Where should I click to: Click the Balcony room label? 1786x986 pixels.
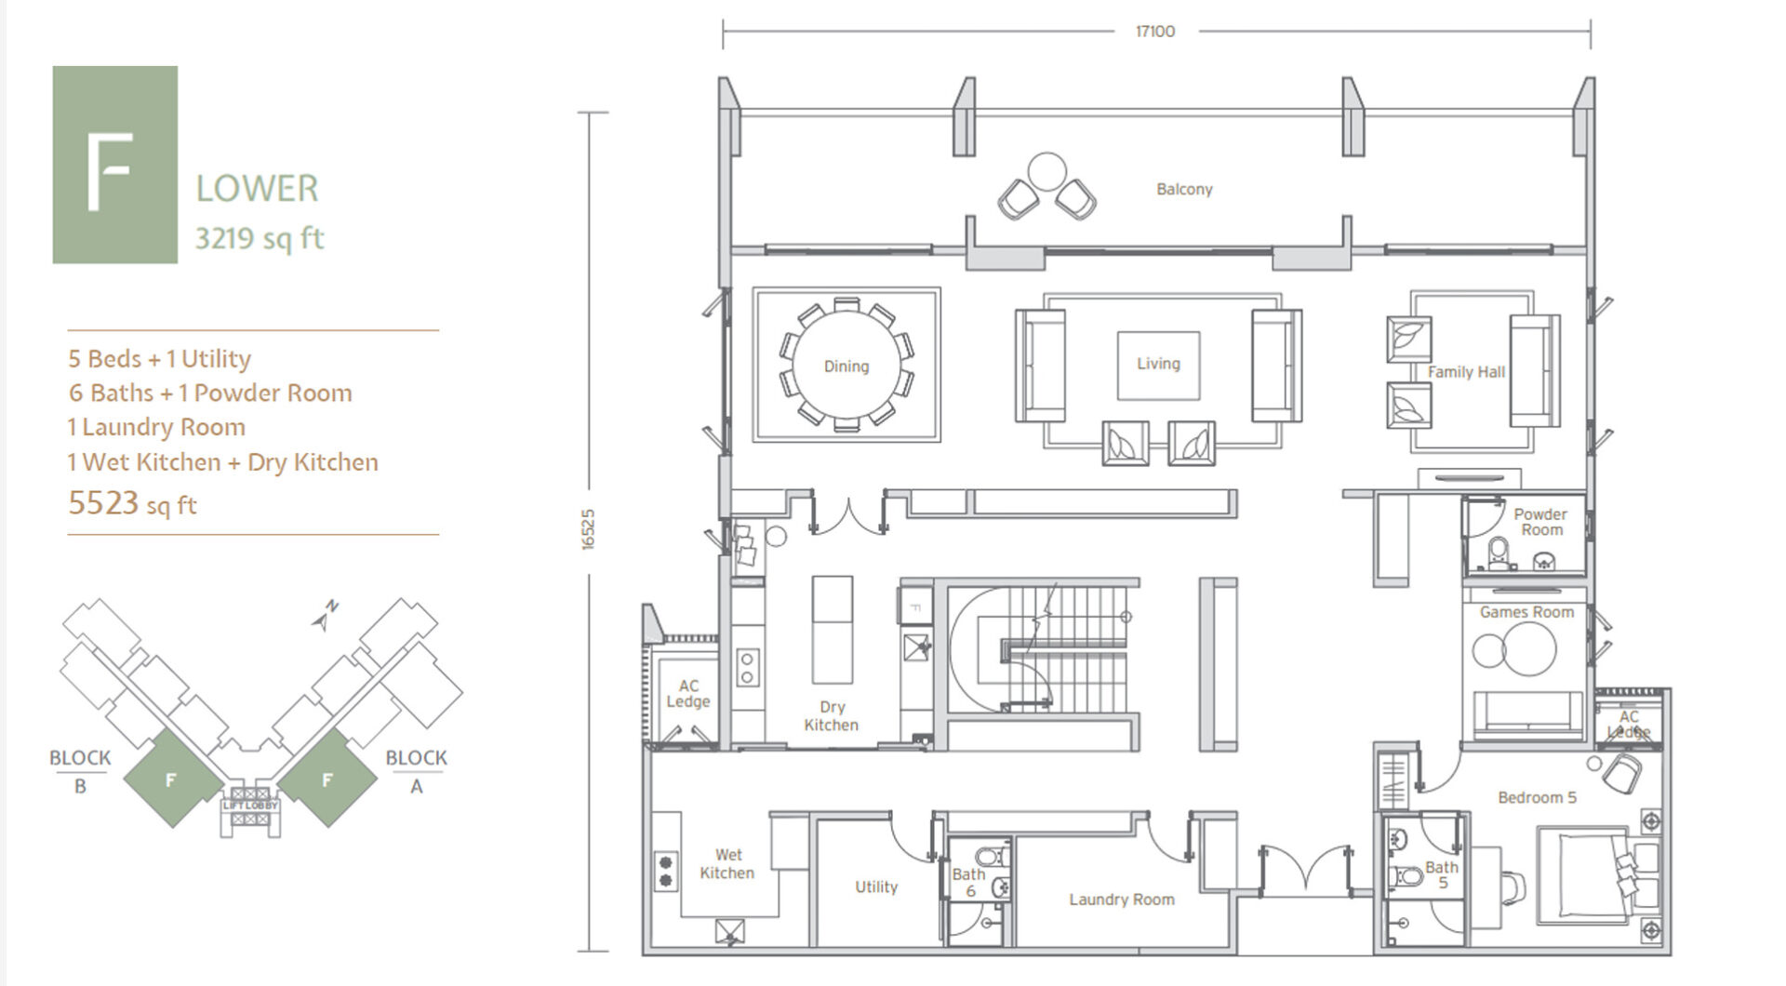[x=1184, y=189]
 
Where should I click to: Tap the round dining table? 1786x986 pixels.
[x=846, y=366]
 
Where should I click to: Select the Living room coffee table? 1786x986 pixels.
[x=1158, y=365]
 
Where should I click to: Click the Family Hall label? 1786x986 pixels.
[x=1466, y=372]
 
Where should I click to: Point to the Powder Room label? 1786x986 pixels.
[x=1540, y=522]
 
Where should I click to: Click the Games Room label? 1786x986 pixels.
[x=1526, y=612]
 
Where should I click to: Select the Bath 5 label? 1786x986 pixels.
[x=1442, y=874]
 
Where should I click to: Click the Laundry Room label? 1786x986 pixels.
[x=1121, y=899]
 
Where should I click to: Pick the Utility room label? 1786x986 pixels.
[x=876, y=887]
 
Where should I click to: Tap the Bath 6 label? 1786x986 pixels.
[x=968, y=882]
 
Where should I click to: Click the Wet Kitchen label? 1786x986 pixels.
[x=727, y=863]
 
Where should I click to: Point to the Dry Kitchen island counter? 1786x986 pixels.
[x=832, y=630]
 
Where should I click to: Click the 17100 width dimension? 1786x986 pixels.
[x=1155, y=32]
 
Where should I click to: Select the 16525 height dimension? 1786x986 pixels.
[x=587, y=529]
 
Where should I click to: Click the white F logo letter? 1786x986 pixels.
[x=110, y=172]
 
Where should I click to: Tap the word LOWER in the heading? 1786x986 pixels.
[x=257, y=189]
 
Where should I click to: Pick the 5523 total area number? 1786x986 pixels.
[x=103, y=503]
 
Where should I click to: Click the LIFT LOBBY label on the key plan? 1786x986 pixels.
[x=249, y=805]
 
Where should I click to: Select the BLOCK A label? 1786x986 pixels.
[x=416, y=771]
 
